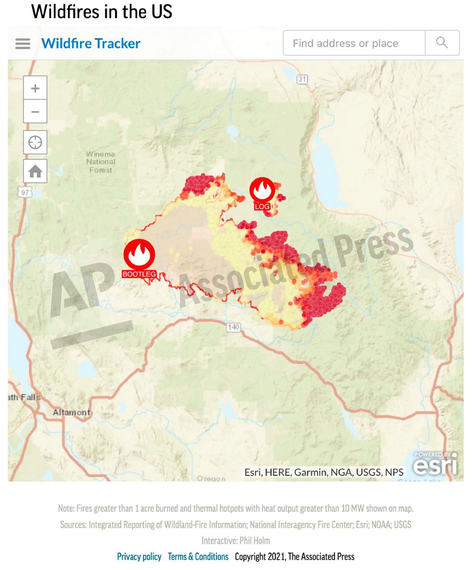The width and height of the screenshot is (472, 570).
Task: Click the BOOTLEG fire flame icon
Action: pyautogui.click(x=139, y=254)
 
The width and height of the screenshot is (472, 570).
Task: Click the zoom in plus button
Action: pyautogui.click(x=35, y=88)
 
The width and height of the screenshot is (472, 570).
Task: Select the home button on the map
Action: pyautogui.click(x=35, y=171)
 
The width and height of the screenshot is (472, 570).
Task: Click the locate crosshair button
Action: pyautogui.click(x=35, y=142)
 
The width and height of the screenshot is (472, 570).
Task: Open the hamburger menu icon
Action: pyautogui.click(x=23, y=44)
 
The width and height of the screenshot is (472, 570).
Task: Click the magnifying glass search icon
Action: pyautogui.click(x=442, y=43)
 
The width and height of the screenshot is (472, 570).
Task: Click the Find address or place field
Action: pyautogui.click(x=354, y=43)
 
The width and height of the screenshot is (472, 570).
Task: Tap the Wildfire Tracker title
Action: pyautogui.click(x=91, y=44)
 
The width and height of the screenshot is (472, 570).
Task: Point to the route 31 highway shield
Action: pyautogui.click(x=302, y=79)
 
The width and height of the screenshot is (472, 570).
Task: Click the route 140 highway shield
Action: pyautogui.click(x=233, y=327)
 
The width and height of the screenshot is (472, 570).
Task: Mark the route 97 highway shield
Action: pyautogui.click(x=25, y=192)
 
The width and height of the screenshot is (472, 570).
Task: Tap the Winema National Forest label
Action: pyautogui.click(x=101, y=162)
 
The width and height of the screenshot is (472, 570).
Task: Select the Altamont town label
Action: pyautogui.click(x=71, y=412)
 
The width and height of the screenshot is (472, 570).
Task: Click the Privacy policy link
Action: pyautogui.click(x=139, y=557)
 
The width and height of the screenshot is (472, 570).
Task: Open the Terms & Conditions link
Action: pyautogui.click(x=198, y=557)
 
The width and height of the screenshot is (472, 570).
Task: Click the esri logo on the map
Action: pyautogui.click(x=435, y=465)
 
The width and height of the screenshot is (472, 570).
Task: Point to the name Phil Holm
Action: pyautogui.click(x=254, y=541)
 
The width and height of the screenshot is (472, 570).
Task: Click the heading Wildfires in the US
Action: pyautogui.click(x=102, y=12)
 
